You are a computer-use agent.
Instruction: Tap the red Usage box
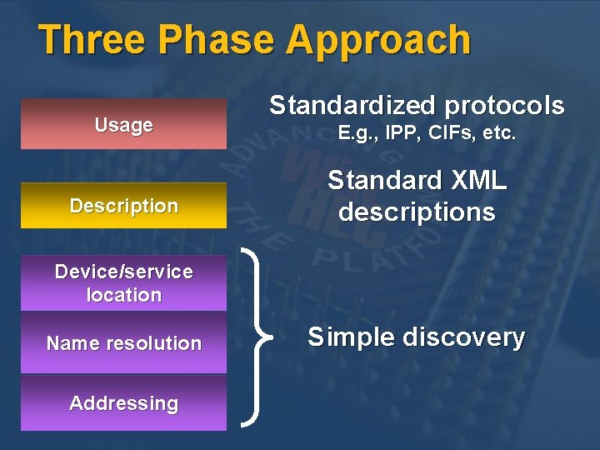123,125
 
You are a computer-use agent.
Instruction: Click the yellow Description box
123,206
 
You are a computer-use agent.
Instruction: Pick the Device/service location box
123,283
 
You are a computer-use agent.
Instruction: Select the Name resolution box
123,343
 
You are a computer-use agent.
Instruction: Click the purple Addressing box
123,403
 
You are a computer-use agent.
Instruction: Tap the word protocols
504,106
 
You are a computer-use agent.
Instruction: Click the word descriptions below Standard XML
417,212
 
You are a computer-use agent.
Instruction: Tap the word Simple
350,337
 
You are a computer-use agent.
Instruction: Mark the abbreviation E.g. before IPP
356,133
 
